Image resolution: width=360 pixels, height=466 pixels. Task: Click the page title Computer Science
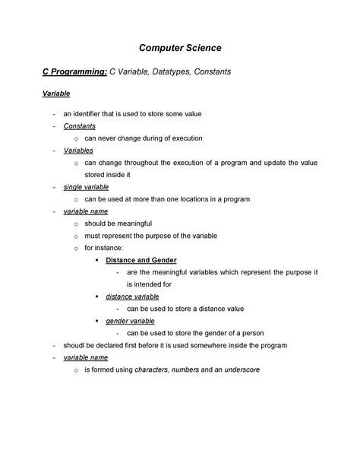coord(180,49)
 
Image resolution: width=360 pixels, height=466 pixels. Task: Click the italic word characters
coord(151,369)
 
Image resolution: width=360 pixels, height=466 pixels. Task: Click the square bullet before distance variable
coord(98,296)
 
